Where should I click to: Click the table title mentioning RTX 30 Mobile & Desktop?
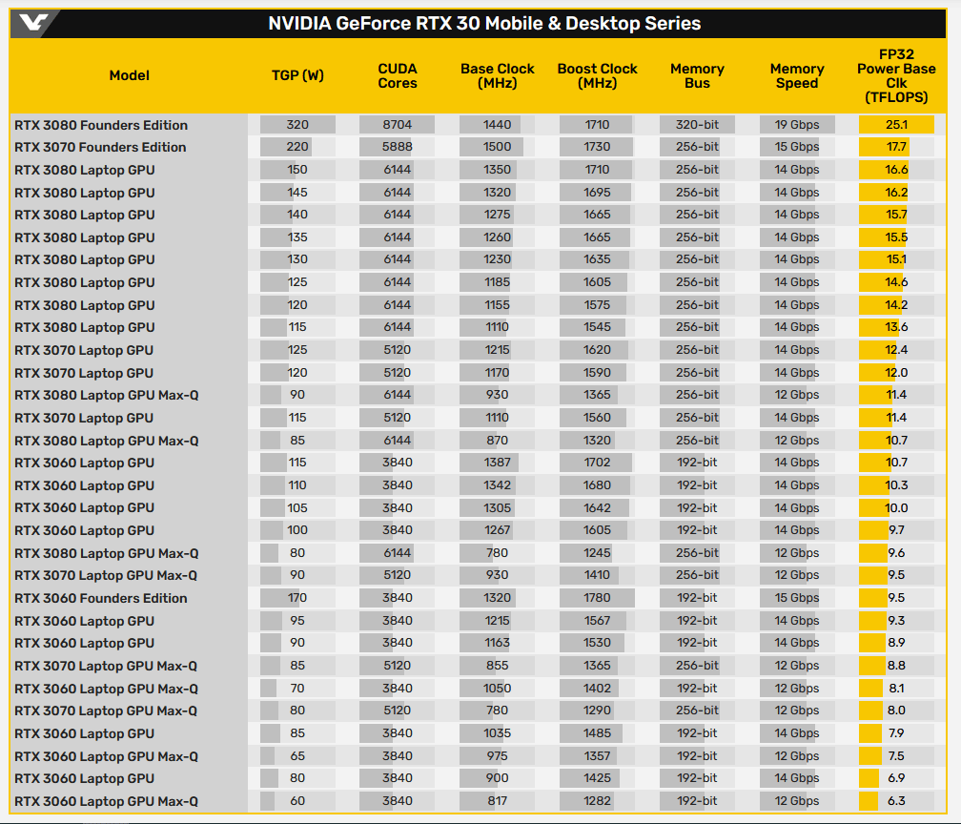(484, 24)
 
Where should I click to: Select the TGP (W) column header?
(297, 76)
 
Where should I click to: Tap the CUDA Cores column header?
(398, 76)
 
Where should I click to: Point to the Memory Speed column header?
(797, 76)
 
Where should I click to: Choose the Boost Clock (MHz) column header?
(598, 76)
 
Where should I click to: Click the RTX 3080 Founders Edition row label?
(101, 125)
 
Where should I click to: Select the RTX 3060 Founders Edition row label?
(101, 598)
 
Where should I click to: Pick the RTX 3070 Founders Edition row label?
(101, 147)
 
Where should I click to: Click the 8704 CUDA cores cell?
(398, 125)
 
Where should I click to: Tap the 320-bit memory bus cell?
(697, 125)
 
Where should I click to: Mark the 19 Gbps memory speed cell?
(797, 125)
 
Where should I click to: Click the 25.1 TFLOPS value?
(896, 125)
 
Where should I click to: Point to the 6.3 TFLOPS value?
(896, 801)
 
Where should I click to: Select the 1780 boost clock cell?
(598, 598)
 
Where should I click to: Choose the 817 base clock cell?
(498, 801)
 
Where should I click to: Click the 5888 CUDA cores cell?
(398, 147)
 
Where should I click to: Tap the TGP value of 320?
(297, 125)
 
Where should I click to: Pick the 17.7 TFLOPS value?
(896, 147)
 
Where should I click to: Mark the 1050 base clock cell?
(498, 689)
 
